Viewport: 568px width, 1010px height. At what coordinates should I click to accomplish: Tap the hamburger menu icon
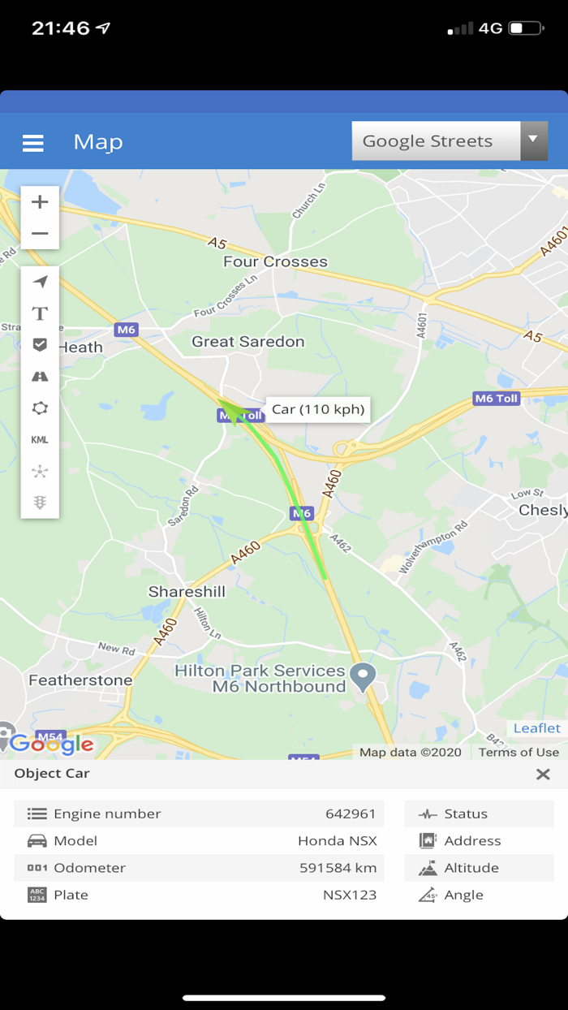[x=33, y=143]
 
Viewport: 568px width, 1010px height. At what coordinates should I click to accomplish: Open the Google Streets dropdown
[x=450, y=141]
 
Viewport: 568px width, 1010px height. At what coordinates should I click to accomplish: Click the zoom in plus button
[x=40, y=202]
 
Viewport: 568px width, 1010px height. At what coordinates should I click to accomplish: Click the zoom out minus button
[x=40, y=234]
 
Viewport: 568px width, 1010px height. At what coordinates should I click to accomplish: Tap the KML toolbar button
[x=40, y=440]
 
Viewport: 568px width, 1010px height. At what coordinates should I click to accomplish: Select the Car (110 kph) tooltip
[x=318, y=409]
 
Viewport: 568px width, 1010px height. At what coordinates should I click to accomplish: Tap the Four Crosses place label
[x=275, y=261]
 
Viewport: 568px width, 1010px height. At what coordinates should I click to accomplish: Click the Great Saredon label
[x=247, y=342]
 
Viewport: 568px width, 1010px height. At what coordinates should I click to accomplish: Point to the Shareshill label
[x=187, y=592]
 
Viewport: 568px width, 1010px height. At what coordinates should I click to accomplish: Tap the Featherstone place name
[x=80, y=680]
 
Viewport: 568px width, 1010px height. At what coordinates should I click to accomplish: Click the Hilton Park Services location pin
[x=363, y=675]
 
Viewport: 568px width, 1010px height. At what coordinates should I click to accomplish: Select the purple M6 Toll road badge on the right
[x=496, y=398]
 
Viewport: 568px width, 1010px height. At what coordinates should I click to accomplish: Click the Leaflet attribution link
[x=536, y=728]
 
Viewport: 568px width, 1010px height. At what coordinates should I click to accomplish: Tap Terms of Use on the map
[x=519, y=752]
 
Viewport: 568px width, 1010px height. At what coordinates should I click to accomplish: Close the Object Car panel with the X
[x=543, y=775]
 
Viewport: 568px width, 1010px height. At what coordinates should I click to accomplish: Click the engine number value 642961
[x=351, y=814]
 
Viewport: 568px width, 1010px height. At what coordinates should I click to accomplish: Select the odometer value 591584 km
[x=338, y=867]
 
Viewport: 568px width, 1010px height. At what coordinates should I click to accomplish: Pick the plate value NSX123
[x=350, y=895]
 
